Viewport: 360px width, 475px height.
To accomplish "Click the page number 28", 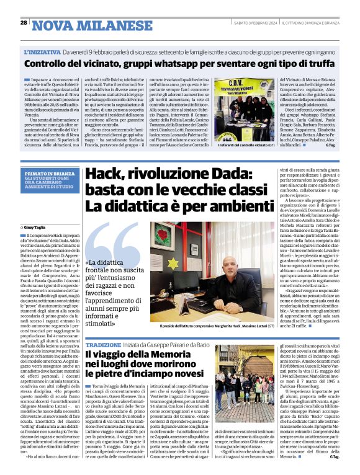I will (x=23, y=22).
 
